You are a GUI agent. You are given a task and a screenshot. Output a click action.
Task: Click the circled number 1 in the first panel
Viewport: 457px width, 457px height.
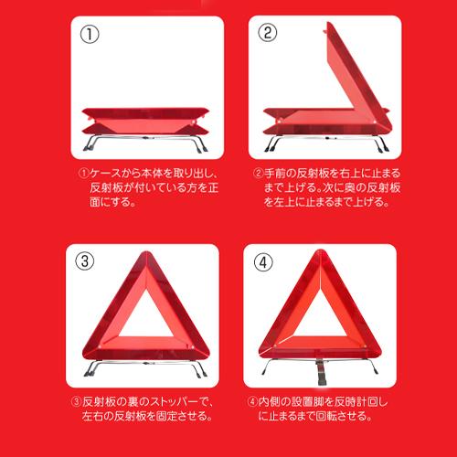click(x=90, y=34)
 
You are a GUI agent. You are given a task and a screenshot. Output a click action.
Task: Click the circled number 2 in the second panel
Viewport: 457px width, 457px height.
click(x=268, y=33)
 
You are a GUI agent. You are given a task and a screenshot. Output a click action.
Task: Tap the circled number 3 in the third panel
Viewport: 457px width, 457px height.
click(x=85, y=261)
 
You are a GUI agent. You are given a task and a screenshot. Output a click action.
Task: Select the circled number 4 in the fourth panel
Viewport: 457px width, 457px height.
click(x=263, y=262)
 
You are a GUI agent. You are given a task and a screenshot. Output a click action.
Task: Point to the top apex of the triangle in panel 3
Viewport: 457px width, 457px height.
click(x=147, y=252)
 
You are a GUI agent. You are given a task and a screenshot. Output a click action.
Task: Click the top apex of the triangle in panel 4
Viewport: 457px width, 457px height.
click(x=320, y=250)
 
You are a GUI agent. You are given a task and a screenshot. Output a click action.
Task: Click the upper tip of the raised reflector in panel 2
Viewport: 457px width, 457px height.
click(x=329, y=23)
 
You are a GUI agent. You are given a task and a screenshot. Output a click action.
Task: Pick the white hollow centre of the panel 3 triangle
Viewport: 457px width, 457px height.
click(x=146, y=318)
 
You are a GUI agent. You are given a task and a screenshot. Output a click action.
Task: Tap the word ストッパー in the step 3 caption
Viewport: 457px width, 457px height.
click(x=167, y=402)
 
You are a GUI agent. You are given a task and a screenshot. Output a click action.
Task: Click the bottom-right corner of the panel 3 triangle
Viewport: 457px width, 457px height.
click(x=209, y=354)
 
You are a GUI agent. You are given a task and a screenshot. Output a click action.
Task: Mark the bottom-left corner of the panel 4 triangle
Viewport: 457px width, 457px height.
click(x=260, y=354)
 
